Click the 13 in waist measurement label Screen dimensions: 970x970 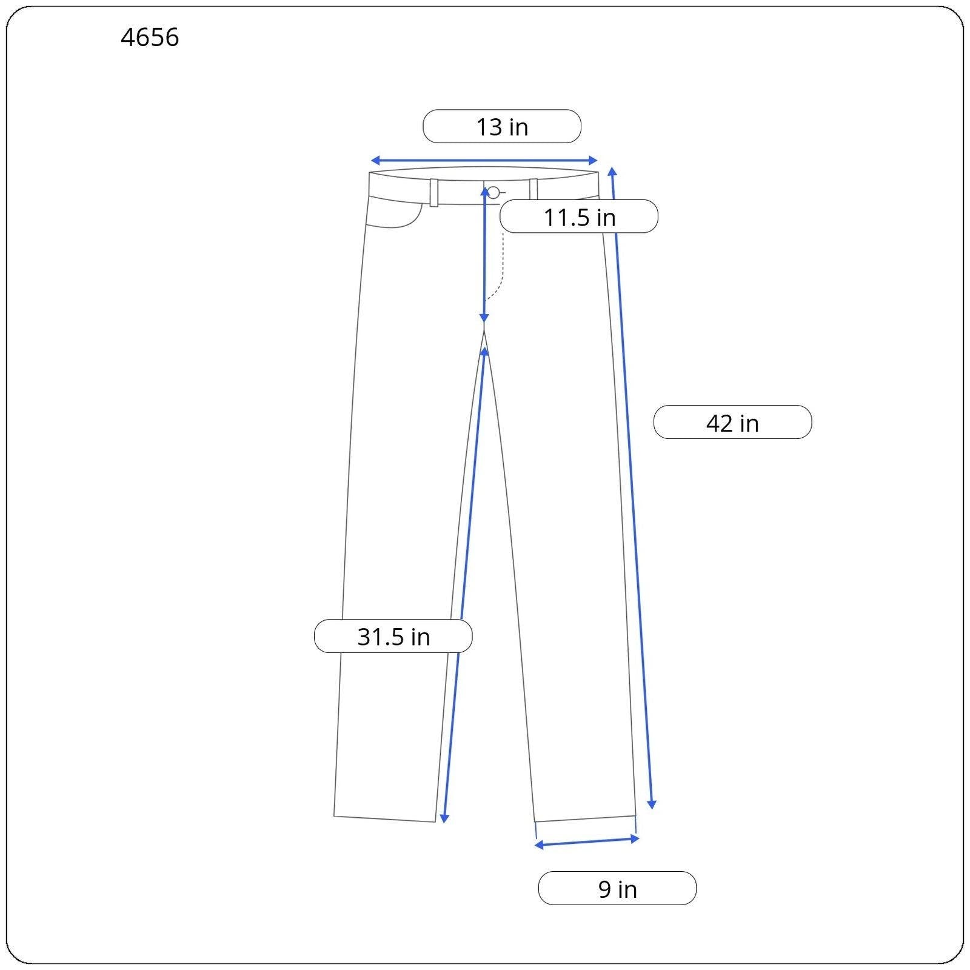501,127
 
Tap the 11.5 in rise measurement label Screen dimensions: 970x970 579,216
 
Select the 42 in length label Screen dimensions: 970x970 732,422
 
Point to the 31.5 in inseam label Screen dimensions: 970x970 393,636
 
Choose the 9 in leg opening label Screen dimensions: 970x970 617,888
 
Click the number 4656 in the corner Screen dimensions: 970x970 150,38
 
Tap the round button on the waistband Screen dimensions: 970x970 493,193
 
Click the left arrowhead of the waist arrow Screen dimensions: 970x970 375,161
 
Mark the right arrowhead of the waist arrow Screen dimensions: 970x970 593,161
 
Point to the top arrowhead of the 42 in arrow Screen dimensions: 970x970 612,172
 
